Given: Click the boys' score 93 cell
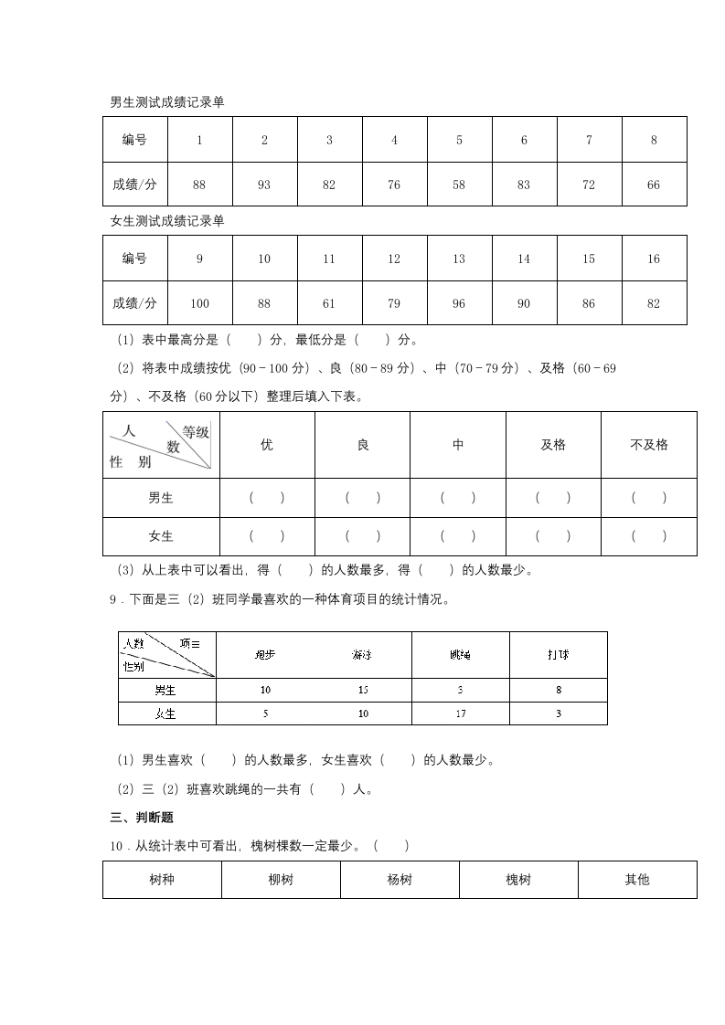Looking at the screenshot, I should point(264,185).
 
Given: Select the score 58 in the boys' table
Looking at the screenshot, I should point(459,185).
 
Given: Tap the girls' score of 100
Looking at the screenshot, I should point(199,303).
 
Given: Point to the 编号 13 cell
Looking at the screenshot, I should point(459,259).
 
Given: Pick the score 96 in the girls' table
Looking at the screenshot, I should point(459,303).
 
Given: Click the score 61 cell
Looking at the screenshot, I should point(329,303).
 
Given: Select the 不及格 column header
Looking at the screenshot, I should point(649,445).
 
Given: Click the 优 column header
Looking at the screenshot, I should point(267,445).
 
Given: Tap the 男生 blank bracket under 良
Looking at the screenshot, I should point(363,498).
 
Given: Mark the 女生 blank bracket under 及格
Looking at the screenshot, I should point(553,536).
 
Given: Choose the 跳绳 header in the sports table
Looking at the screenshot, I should point(461,655).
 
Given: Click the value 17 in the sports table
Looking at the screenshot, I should point(461,713).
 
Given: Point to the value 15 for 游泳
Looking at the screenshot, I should point(363,690).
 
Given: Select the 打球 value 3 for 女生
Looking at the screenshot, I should point(559,713).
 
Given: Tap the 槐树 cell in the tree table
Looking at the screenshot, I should point(518,880).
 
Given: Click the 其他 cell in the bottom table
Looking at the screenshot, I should point(637,880).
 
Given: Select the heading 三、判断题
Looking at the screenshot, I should point(142,818).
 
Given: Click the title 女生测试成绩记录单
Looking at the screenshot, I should point(166,221).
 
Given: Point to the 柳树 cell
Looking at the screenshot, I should point(281,880).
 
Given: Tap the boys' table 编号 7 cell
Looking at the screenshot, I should point(589,140).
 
